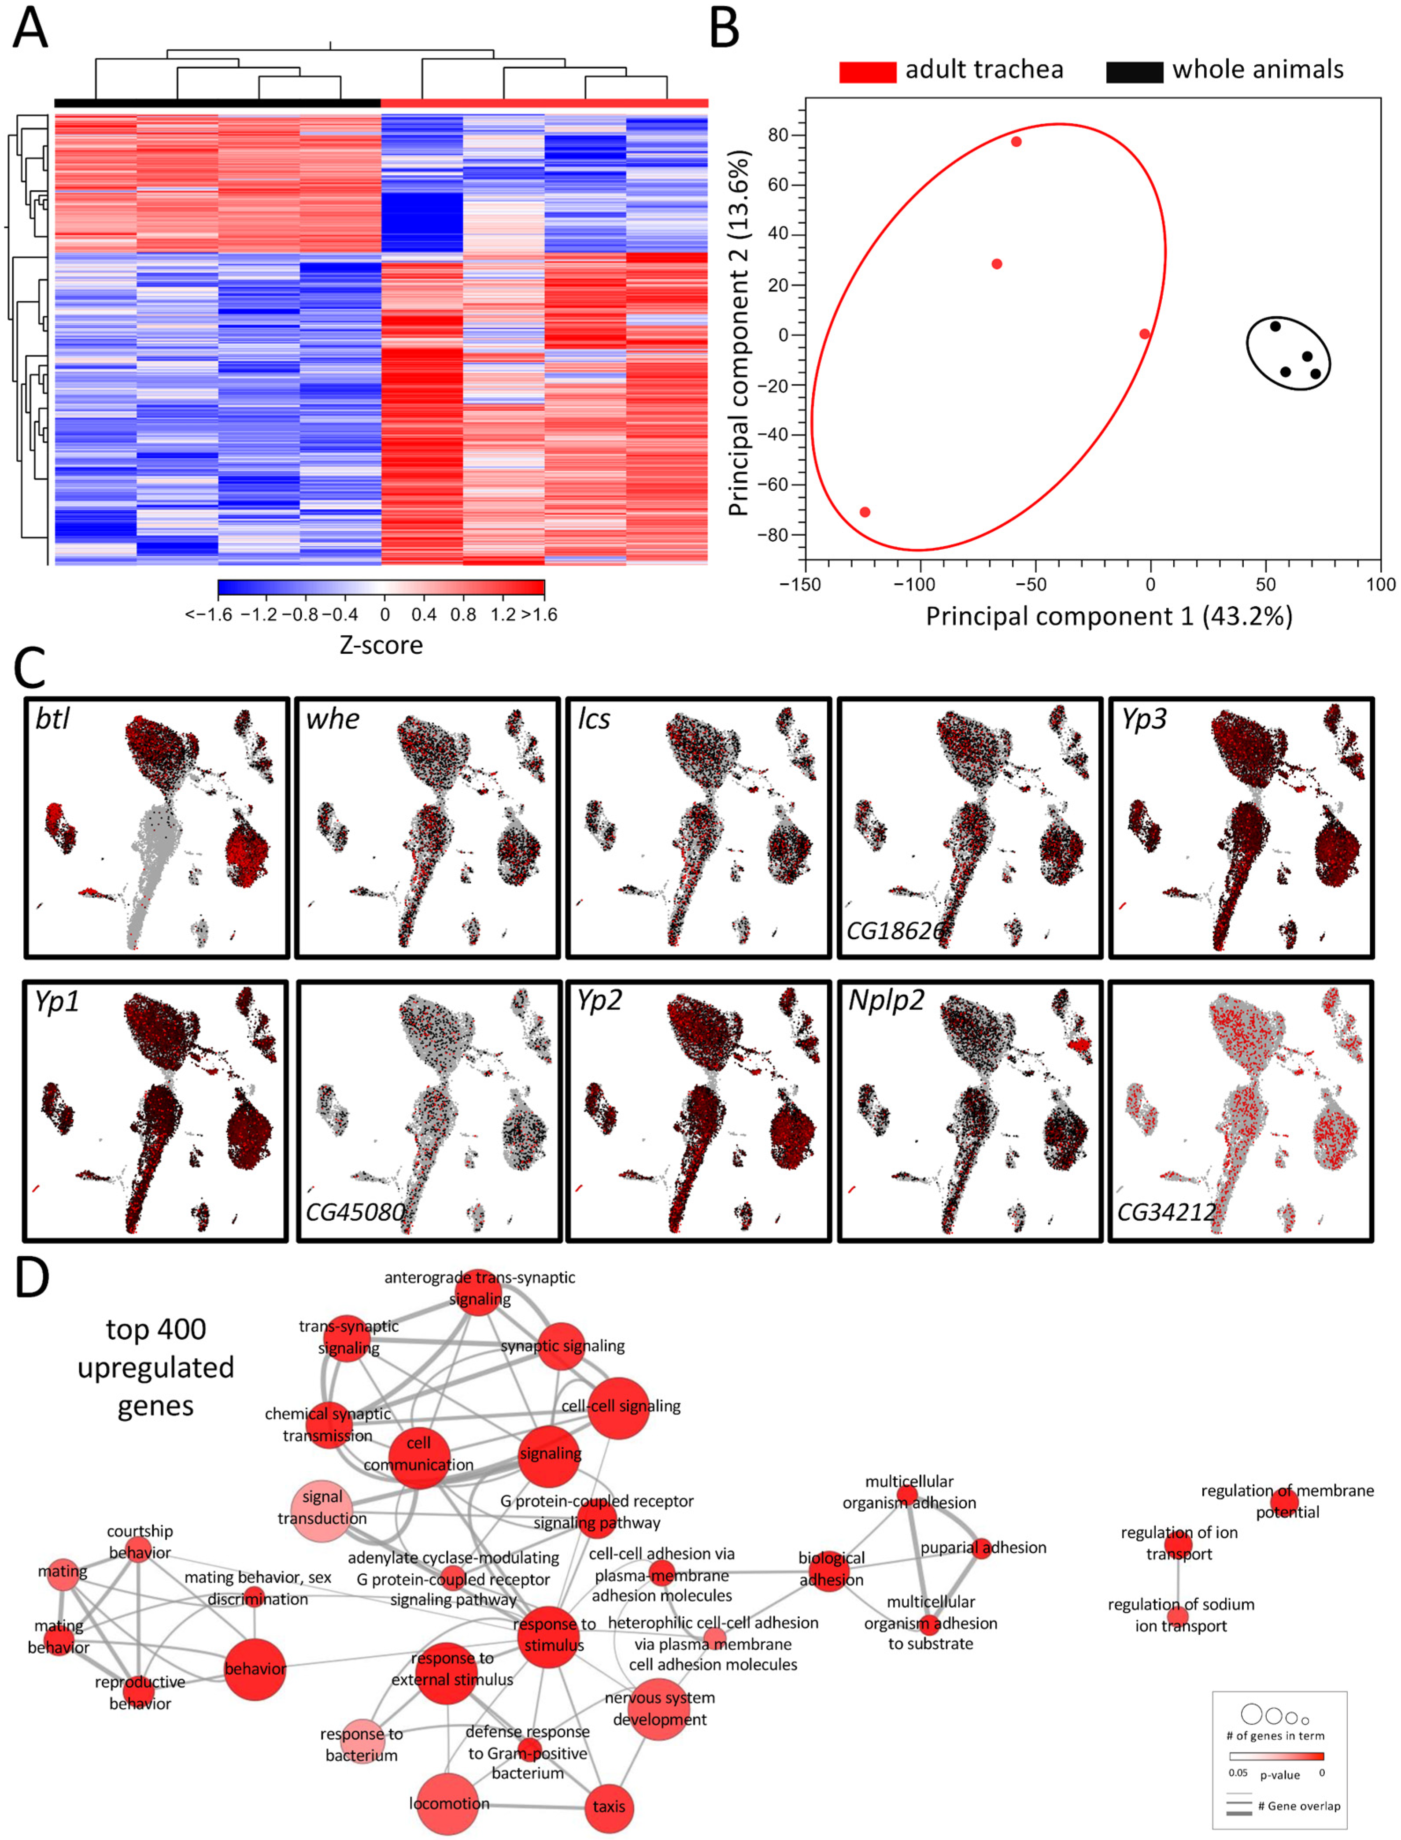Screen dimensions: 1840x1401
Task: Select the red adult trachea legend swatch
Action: [x=867, y=72]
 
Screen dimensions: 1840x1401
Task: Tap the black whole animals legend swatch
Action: [x=1134, y=72]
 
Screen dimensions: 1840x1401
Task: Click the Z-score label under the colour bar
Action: [x=381, y=645]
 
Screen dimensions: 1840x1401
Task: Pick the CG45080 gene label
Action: [x=355, y=1211]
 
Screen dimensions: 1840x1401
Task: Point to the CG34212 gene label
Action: [x=1166, y=1211]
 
